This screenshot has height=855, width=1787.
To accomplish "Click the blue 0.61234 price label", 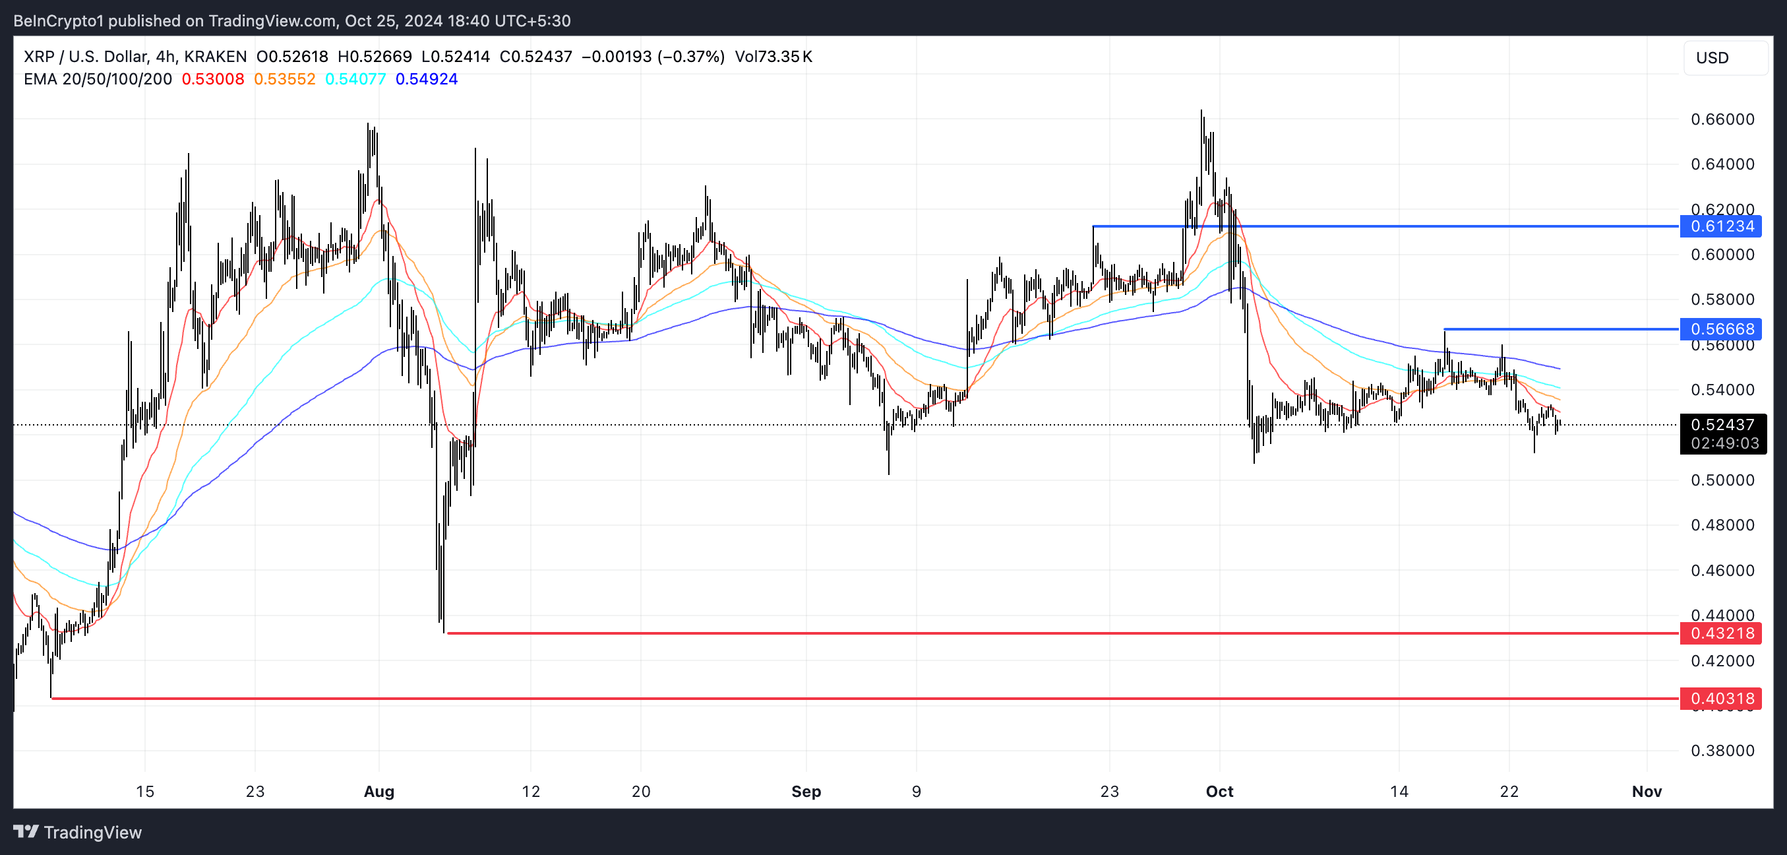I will pos(1721,226).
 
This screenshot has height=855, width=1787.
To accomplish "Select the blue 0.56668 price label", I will pos(1721,329).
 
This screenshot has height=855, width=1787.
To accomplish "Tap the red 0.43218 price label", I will pos(1721,633).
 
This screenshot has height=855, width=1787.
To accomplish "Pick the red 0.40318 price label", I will pos(1721,698).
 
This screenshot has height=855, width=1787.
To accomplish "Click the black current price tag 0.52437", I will pos(1722,425).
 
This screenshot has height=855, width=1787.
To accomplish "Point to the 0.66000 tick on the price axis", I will pos(1722,119).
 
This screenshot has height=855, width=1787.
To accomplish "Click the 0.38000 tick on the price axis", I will pos(1722,750).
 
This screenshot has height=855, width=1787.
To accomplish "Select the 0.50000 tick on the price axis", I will pos(1722,480).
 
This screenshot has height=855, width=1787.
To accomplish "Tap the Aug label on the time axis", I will pos(379,791).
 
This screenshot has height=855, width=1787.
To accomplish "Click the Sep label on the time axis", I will pos(806,791).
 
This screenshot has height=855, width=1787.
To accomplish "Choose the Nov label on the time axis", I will pos(1647,791).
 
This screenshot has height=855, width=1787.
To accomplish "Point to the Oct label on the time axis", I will pos(1219,791).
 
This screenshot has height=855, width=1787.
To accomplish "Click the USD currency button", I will pos(1712,58).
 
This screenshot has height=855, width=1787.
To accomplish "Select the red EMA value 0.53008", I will pos(213,79).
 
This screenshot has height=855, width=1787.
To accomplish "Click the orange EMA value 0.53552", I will pos(284,79).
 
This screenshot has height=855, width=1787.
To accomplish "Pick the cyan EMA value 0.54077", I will pos(355,79).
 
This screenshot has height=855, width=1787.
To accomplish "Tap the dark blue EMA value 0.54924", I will pos(427,79).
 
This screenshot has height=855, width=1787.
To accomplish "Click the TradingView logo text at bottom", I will pos(92,832).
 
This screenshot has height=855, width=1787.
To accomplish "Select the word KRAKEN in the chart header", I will pos(215,57).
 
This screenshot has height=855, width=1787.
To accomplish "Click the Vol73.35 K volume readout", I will pos(773,57).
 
